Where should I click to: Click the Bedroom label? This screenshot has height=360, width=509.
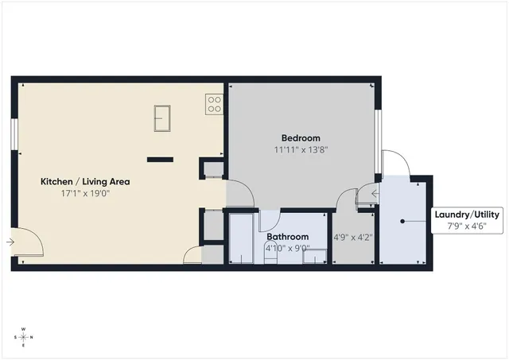[301, 137]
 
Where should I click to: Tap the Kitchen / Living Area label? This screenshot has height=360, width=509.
[85, 182]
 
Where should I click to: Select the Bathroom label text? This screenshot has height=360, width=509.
[288, 237]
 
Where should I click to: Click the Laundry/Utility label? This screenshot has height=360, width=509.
[466, 215]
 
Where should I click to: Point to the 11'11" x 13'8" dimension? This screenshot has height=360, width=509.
[301, 149]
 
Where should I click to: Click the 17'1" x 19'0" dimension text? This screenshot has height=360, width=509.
[85, 193]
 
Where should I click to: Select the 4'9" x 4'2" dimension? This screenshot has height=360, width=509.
[352, 237]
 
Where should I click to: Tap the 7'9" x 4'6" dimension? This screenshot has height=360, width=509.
[466, 226]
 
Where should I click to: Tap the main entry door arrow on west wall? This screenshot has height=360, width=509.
[10, 242]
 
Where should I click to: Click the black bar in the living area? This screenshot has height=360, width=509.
[160, 159]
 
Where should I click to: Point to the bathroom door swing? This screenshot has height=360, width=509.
[270, 219]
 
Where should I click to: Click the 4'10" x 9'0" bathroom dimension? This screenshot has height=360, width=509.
[288, 248]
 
